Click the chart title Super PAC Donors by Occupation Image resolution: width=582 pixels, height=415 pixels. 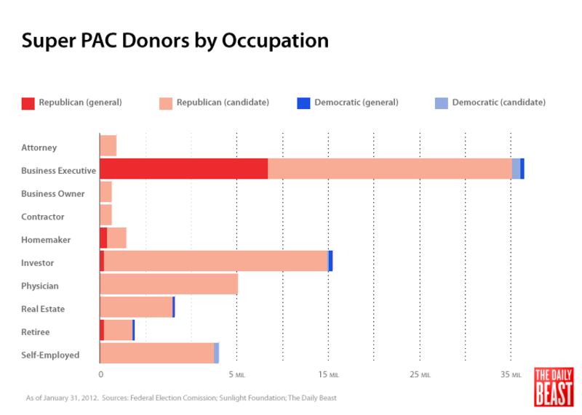(175, 40)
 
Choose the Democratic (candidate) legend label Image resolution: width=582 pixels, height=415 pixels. (498, 102)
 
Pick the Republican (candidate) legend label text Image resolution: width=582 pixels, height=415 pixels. (223, 102)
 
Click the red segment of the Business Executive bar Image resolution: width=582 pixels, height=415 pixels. (183, 169)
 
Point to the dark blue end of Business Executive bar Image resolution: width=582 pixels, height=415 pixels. (522, 169)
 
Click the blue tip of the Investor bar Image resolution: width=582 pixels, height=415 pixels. (330, 261)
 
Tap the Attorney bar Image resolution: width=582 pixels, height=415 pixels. (108, 145)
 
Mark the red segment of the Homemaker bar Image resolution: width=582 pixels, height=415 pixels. (103, 238)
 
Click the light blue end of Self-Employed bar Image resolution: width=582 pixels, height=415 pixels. (217, 353)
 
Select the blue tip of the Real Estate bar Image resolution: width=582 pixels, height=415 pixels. (174, 307)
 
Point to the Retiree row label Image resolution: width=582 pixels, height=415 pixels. (36, 332)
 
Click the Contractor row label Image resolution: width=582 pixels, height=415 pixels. (43, 217)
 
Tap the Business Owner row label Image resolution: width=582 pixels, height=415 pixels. (53, 194)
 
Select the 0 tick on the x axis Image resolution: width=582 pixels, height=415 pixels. (100, 375)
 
